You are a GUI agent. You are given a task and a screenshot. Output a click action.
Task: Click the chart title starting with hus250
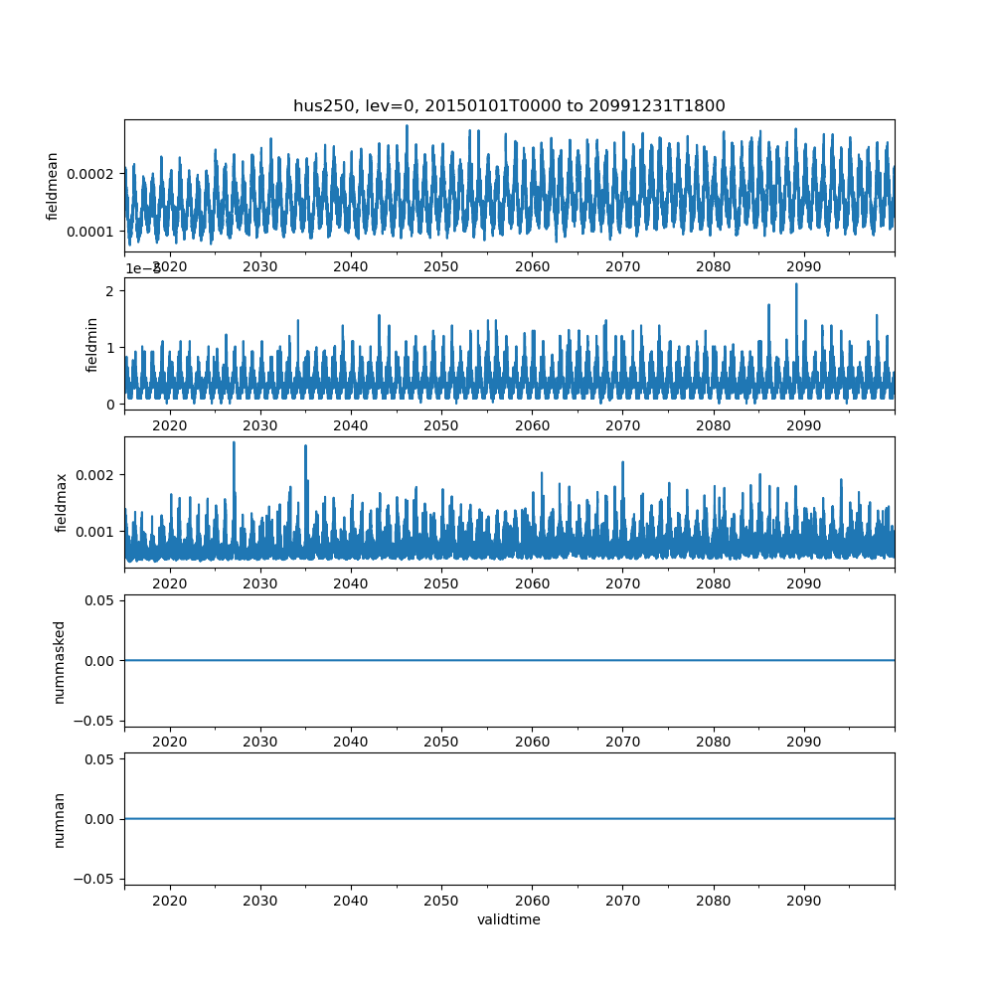509,105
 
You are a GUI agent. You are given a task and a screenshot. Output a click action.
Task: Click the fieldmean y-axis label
53,186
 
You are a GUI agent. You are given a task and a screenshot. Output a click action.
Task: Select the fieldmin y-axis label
92,345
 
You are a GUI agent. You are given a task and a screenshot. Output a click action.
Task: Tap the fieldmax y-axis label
62,503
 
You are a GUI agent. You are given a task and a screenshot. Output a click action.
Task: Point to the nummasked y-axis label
60,662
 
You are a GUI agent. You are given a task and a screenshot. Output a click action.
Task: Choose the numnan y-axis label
60,820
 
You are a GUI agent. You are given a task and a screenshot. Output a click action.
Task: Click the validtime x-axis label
509,919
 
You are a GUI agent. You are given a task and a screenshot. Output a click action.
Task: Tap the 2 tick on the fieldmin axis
110,290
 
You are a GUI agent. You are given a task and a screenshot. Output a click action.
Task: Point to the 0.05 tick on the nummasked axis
101,600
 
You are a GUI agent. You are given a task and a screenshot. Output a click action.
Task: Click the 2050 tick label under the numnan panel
441,901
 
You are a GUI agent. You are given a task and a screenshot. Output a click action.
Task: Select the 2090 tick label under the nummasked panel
803,743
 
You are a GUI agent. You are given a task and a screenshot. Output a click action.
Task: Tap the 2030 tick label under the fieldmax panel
260,583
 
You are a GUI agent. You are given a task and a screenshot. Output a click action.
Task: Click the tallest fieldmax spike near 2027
234,442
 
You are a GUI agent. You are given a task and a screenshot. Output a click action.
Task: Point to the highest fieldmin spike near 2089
796,284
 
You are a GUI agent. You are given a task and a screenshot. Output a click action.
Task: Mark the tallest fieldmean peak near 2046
407,126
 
